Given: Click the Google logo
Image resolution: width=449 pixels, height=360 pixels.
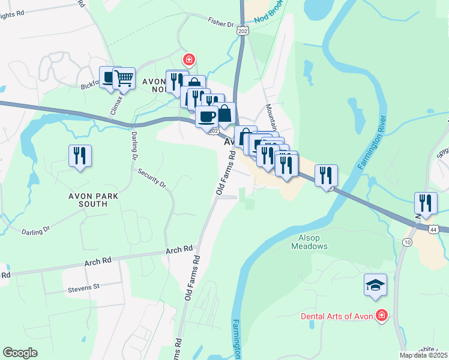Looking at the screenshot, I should click(x=20, y=353).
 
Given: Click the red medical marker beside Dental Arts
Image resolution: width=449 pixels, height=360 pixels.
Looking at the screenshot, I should click(x=381, y=316).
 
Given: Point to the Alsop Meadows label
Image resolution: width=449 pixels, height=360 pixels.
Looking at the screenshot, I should click(x=310, y=242).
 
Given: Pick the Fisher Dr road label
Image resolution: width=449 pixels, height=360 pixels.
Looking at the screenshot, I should click(x=221, y=24).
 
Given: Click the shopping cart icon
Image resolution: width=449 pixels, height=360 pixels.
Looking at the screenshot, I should click(x=124, y=77).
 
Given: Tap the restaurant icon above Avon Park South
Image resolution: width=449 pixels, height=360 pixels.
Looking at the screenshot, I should click(x=80, y=156).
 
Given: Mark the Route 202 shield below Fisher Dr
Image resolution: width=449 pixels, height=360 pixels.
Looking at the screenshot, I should click(x=243, y=31).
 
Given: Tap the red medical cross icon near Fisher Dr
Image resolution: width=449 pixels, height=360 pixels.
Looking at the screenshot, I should click(x=188, y=60).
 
